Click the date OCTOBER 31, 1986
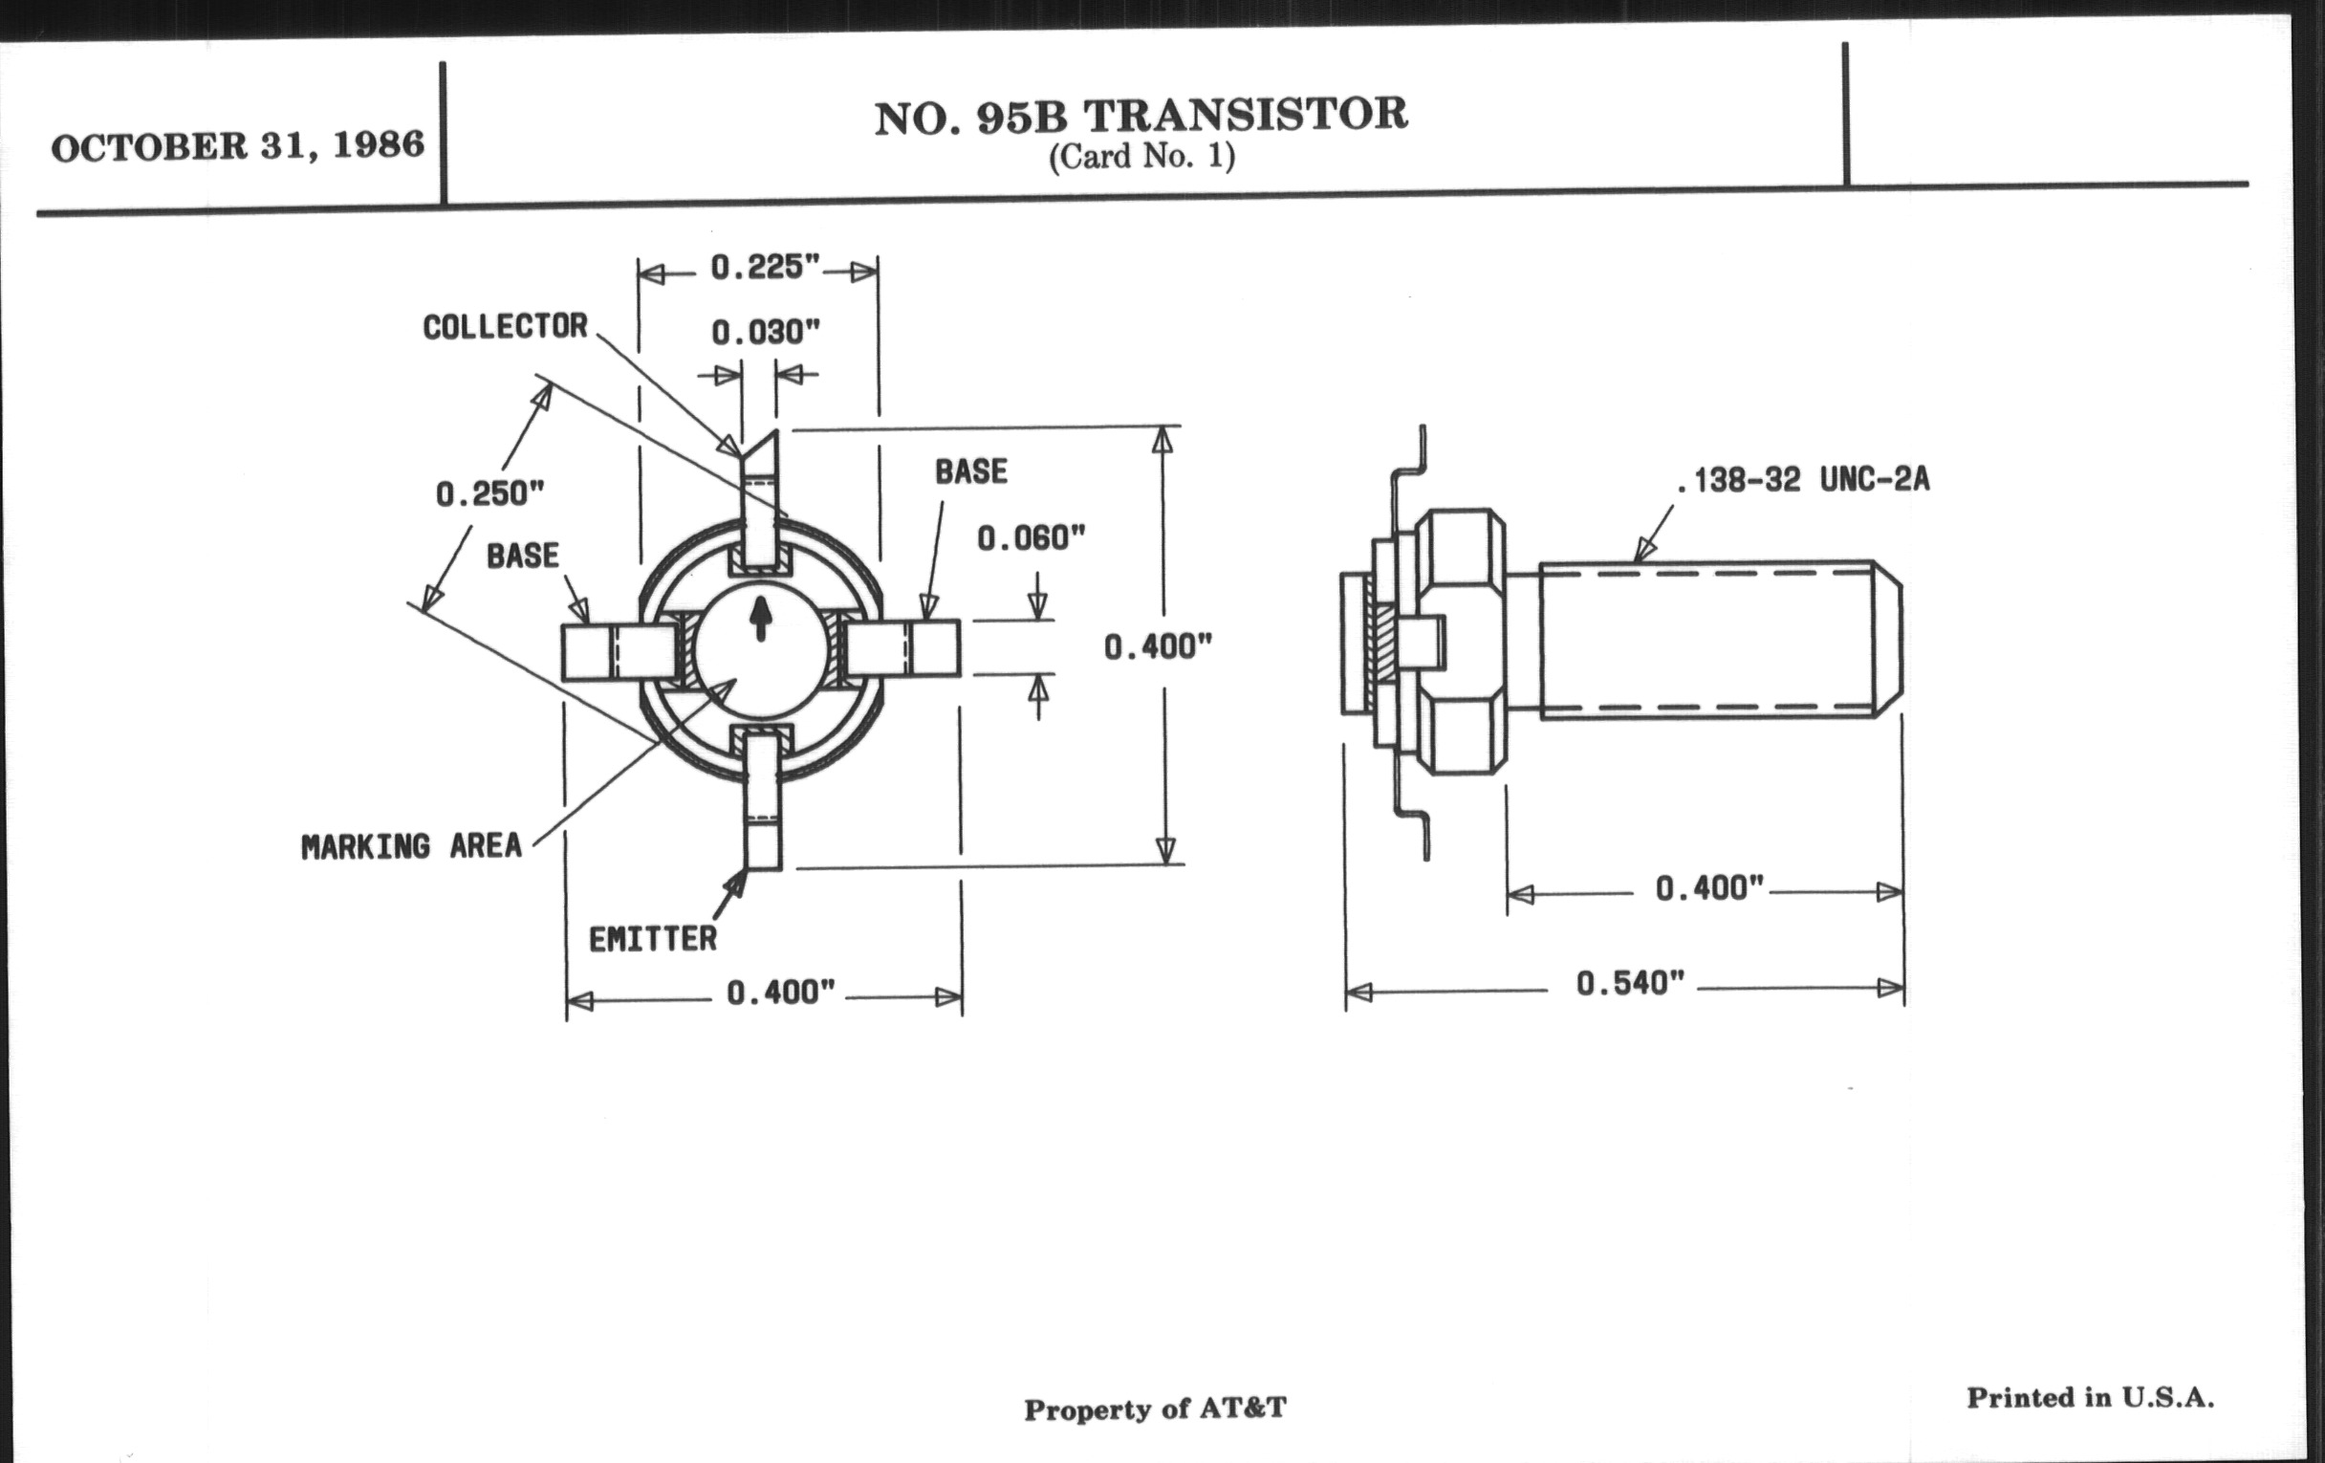[x=237, y=147]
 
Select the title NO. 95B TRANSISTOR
[x=1141, y=116]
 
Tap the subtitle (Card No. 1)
[x=1141, y=157]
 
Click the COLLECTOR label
[x=505, y=327]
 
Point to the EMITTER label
[x=653, y=939]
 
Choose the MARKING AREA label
[x=411, y=847]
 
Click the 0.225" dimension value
[x=766, y=268]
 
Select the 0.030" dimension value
[x=766, y=333]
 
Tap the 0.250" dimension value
[x=489, y=494]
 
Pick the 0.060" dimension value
[x=1032, y=539]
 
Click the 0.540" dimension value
[x=1630, y=984]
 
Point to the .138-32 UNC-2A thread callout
[x=1803, y=480]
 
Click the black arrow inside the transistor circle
[x=761, y=619]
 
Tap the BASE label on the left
[x=522, y=557]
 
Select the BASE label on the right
[x=970, y=472]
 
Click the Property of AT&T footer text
[x=1155, y=1408]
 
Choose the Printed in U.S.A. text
[x=2091, y=1397]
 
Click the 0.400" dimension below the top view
[x=780, y=993]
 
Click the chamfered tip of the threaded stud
[x=1888, y=640]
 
